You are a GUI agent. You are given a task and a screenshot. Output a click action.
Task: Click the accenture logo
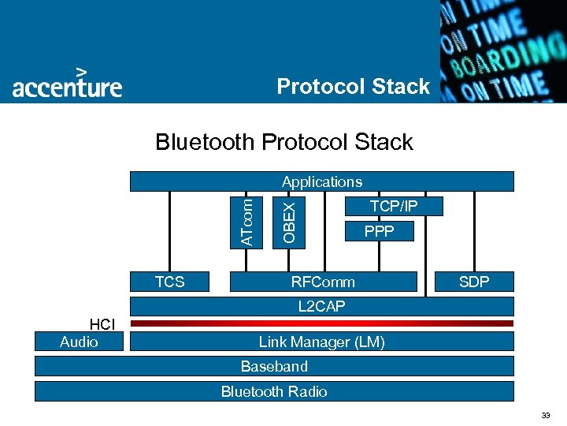[x=67, y=83]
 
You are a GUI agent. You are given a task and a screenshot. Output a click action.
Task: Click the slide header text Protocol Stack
[x=354, y=86]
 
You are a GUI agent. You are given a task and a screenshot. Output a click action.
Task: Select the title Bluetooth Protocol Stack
[x=284, y=142]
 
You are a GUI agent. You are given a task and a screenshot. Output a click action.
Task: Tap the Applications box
[x=321, y=181]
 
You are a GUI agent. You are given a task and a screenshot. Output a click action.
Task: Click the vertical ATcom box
[x=247, y=221]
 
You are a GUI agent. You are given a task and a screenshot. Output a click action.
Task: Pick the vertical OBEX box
[x=289, y=221]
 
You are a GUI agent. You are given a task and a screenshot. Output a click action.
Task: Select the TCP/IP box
[x=394, y=207]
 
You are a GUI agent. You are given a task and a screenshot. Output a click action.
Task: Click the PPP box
[x=378, y=232]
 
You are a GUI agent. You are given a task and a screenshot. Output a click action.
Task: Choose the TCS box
[x=169, y=282]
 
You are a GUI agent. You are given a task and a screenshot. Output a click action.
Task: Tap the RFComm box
[x=323, y=282]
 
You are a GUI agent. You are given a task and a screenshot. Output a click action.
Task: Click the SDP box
[x=474, y=282]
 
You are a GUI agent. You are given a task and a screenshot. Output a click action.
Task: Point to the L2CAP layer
[x=321, y=306]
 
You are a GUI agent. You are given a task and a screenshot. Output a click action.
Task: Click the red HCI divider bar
[x=321, y=323]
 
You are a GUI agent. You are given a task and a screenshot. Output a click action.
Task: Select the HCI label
[x=102, y=324]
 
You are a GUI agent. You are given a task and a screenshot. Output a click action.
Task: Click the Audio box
[x=79, y=342]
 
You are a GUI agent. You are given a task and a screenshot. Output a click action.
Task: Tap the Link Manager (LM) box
[x=321, y=342]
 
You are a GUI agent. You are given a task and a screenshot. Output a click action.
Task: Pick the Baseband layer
[x=274, y=366]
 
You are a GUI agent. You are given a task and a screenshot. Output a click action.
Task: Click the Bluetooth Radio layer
[x=274, y=391]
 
